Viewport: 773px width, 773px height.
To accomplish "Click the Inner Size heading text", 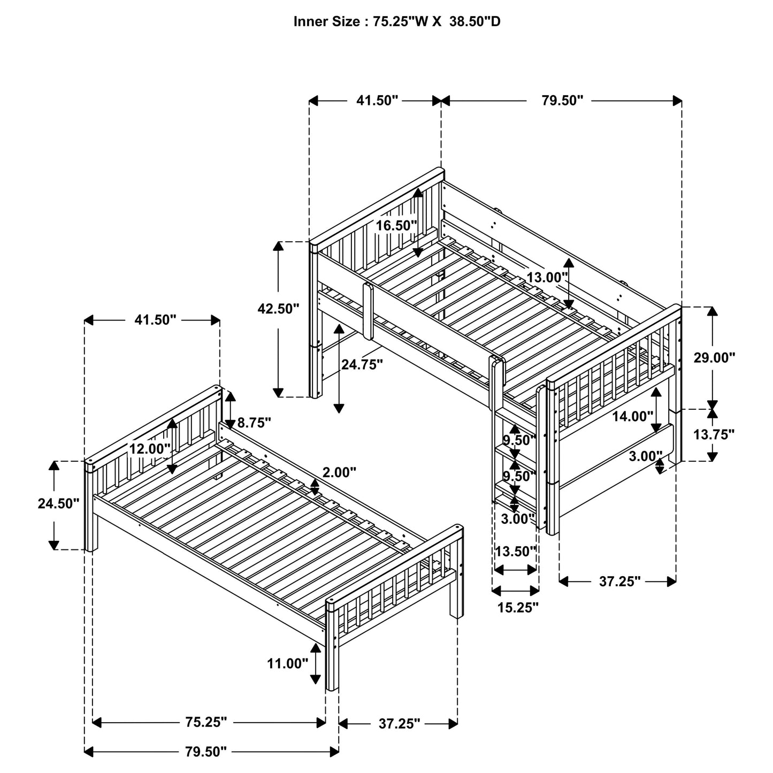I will click(x=397, y=22).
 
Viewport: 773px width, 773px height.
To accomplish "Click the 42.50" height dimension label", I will click(x=278, y=309).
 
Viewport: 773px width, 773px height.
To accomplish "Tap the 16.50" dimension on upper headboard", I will click(x=396, y=225).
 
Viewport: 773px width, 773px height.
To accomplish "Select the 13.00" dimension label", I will click(x=546, y=278).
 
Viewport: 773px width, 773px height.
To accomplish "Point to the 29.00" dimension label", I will click(x=715, y=358).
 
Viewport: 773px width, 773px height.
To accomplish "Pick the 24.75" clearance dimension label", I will click(x=362, y=364).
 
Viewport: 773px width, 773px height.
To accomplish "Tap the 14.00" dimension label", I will click(x=633, y=416).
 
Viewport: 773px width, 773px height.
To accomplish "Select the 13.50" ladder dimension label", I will click(x=515, y=552).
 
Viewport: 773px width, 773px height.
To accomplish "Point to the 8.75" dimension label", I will click(x=254, y=423).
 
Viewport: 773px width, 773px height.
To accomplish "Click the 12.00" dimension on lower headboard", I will click(x=150, y=448).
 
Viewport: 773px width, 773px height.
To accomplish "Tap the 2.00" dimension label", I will click(x=339, y=472).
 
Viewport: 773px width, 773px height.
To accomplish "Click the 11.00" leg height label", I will click(x=288, y=664).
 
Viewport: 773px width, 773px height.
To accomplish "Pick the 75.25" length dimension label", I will click(x=206, y=722).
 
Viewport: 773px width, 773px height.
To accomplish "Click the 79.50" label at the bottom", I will click(x=206, y=752).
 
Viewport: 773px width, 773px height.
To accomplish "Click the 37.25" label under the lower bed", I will click(x=399, y=723).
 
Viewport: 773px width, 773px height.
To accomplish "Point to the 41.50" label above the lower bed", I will click(x=155, y=320).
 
